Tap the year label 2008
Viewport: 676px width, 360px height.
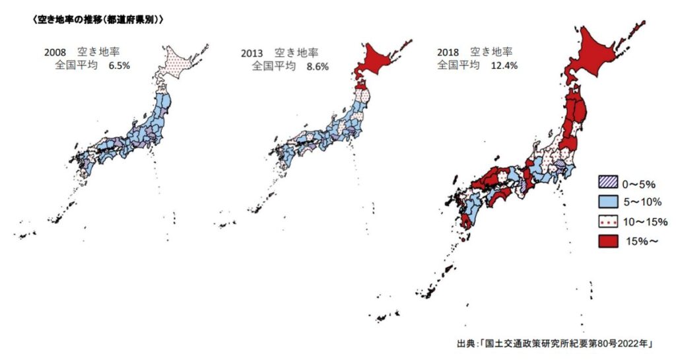pos(55,52)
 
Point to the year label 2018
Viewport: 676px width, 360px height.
pos(448,52)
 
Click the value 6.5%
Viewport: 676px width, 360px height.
pos(119,66)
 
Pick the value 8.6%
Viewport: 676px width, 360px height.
pos(317,66)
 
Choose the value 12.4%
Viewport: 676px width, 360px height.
pos(503,65)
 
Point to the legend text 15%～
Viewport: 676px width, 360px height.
pos(642,242)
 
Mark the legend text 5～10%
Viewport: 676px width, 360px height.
pos(646,201)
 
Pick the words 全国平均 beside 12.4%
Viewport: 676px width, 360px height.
pos(457,65)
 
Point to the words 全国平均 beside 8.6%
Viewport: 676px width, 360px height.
pos(273,66)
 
